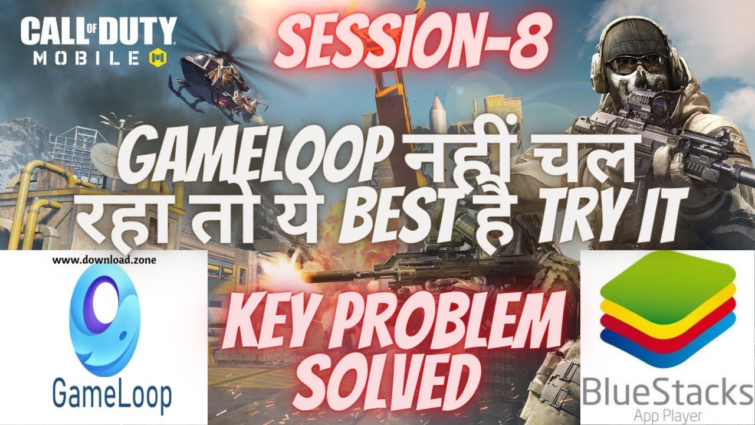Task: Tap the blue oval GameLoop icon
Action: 104,318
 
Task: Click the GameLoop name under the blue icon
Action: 111,392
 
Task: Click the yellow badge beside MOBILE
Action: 160,58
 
